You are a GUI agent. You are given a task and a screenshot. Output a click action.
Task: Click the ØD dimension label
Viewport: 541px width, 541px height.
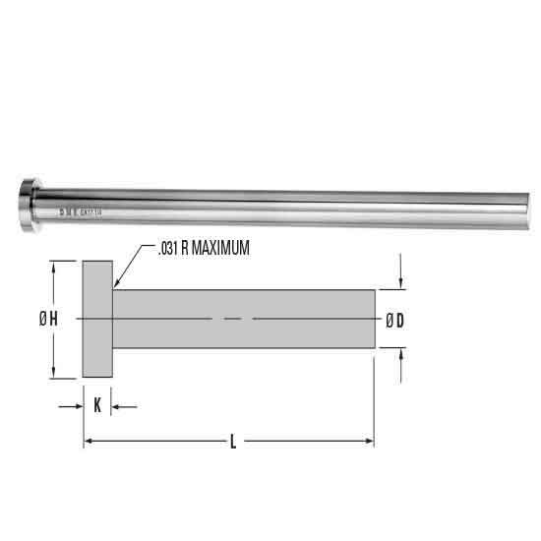click(x=396, y=319)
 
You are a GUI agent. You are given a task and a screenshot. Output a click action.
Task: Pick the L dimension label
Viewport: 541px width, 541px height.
click(x=232, y=443)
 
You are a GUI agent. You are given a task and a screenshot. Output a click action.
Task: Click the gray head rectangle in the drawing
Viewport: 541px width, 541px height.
click(x=97, y=319)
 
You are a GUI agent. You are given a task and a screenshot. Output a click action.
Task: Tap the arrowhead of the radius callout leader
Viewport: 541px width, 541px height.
click(x=117, y=284)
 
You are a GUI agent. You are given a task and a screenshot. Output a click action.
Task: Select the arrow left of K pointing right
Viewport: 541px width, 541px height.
click(x=77, y=405)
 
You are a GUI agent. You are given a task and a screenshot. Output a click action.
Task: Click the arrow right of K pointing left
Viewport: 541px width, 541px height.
click(x=119, y=405)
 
